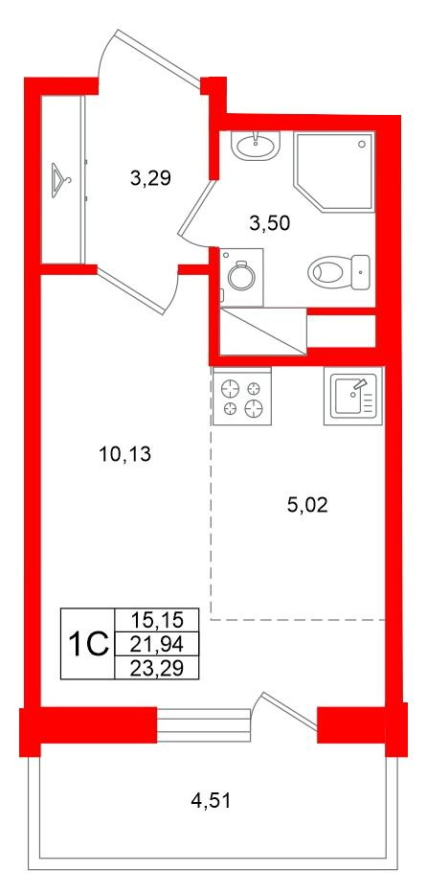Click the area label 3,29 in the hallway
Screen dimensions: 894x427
tap(150, 177)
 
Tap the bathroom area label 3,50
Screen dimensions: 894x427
tap(268, 223)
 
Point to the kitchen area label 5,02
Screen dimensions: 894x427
tap(307, 505)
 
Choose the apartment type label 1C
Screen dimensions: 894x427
tap(86, 644)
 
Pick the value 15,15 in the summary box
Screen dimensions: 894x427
tap(154, 620)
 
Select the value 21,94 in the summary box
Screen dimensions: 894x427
tap(154, 644)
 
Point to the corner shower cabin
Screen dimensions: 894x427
tap(332, 168)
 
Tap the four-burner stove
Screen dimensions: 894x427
tap(239, 398)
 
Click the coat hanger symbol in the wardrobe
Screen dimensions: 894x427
tap(62, 179)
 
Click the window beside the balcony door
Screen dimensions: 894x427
tap(202, 725)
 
